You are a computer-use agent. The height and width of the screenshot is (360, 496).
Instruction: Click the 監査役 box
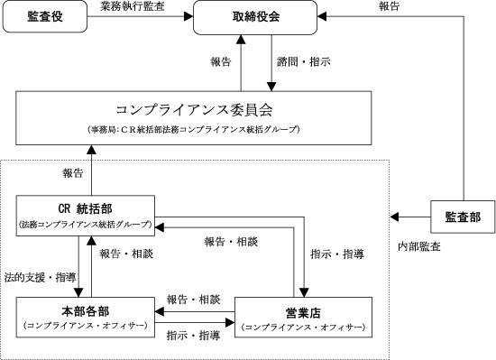(45, 16)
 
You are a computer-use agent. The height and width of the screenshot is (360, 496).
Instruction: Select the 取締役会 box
(255, 17)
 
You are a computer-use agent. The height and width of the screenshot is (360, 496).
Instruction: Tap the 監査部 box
(463, 217)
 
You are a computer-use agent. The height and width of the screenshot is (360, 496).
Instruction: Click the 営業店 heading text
(303, 313)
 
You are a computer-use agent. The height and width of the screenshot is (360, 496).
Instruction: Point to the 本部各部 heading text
(86, 311)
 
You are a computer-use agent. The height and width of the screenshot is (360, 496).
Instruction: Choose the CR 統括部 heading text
(86, 208)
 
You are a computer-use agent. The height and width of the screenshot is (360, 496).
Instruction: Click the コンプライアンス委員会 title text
(194, 110)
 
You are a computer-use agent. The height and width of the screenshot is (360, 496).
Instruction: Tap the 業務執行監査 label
(133, 6)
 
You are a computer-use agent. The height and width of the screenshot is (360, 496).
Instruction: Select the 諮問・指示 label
(304, 61)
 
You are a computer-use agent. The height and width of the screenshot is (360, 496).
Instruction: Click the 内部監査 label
(419, 246)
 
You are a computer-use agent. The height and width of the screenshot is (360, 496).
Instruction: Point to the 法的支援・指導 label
(41, 277)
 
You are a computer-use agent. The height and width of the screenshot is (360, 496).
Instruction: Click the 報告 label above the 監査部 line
(389, 6)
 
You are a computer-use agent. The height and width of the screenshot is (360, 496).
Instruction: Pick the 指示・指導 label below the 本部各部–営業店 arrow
(193, 336)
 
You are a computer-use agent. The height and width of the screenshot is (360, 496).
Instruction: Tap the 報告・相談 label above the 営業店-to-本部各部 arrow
(193, 300)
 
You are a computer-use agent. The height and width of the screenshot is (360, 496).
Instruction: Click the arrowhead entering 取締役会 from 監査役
(188, 16)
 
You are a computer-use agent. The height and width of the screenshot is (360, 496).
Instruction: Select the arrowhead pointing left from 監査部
(394, 217)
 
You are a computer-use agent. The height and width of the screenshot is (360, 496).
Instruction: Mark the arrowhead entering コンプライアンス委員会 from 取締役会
(271, 87)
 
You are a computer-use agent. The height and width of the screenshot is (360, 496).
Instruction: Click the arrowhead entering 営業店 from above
(304, 293)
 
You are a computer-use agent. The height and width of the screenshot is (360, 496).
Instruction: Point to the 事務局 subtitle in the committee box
(194, 130)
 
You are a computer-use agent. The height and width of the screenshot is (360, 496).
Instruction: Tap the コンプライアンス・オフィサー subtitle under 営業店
(303, 328)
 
